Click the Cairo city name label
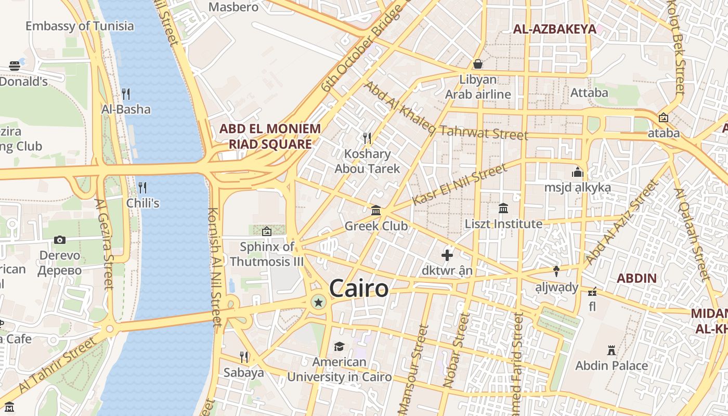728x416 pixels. (359, 289)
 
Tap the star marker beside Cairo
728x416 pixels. (318, 302)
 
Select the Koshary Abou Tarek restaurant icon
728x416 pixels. (367, 138)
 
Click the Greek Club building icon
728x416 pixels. (376, 211)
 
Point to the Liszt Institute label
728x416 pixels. (503, 224)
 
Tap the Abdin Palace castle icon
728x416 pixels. (612, 350)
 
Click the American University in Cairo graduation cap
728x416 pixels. (339, 346)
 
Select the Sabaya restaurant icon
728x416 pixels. (243, 357)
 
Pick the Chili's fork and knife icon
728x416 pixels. (142, 187)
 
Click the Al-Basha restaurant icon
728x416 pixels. (126, 94)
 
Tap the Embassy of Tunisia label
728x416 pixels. (80, 26)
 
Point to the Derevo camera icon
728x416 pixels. (60, 240)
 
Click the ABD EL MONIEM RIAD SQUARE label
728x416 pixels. (270, 136)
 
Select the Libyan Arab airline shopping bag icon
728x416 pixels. (478, 64)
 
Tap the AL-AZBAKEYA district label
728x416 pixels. (554, 29)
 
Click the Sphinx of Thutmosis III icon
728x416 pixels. (267, 231)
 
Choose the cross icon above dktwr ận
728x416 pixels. (447, 255)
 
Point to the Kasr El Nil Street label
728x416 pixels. (459, 184)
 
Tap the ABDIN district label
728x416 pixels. (636, 278)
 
